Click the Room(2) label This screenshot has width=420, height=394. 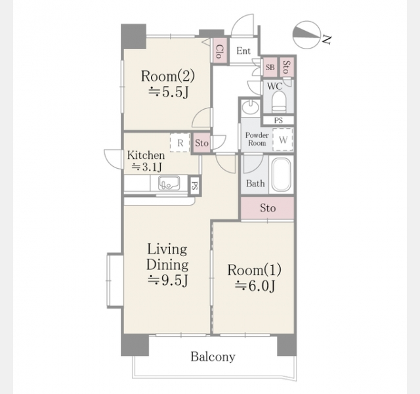[x=168, y=76]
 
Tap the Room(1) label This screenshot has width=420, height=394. [x=254, y=270]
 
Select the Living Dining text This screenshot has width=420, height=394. [x=167, y=257]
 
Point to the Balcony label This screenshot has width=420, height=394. [x=213, y=357]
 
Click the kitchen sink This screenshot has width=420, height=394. [x=169, y=183]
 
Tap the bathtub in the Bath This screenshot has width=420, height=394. [x=282, y=175]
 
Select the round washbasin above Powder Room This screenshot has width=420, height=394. [x=251, y=107]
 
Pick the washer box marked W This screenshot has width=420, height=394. [x=283, y=140]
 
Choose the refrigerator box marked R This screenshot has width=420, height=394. [x=180, y=142]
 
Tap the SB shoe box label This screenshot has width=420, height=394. [x=270, y=67]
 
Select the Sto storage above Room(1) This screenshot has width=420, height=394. [x=268, y=208]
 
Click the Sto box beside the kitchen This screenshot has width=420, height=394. [x=201, y=143]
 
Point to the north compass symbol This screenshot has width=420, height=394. [x=306, y=35]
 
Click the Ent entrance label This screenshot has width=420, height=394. [x=243, y=51]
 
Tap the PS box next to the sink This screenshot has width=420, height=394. [x=195, y=185]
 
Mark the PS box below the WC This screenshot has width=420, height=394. [x=278, y=120]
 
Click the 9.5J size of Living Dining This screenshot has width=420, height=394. [x=169, y=280]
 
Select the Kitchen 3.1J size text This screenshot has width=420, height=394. [x=147, y=167]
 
